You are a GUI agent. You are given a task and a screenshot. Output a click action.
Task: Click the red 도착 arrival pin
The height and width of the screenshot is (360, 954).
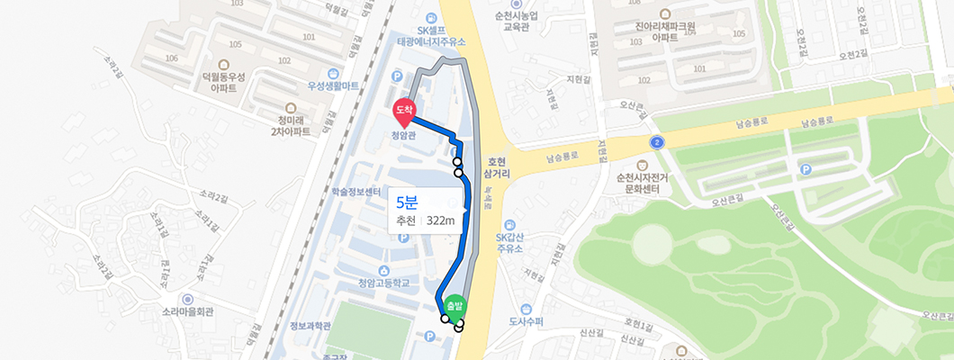click(404, 111)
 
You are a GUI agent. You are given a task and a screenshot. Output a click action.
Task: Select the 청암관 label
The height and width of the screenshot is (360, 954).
click(404, 137)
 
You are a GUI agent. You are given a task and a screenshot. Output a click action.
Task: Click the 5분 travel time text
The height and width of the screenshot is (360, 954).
click(407, 201)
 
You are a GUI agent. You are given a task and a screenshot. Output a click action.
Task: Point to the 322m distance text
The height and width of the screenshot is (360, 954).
click(441, 220)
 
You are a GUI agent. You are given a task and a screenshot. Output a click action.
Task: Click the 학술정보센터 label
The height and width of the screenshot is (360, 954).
click(356, 192)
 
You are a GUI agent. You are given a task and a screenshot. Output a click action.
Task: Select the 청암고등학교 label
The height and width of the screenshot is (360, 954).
click(383, 283)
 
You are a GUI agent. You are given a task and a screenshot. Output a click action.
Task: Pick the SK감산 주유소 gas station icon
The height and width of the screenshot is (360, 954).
click(510, 223)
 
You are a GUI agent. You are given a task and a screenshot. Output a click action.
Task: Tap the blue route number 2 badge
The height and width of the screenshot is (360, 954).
click(657, 142)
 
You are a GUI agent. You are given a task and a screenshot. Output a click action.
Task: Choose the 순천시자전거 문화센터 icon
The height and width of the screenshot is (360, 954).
click(642, 166)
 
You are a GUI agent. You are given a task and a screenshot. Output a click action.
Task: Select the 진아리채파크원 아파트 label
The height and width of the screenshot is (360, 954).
click(665, 32)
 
